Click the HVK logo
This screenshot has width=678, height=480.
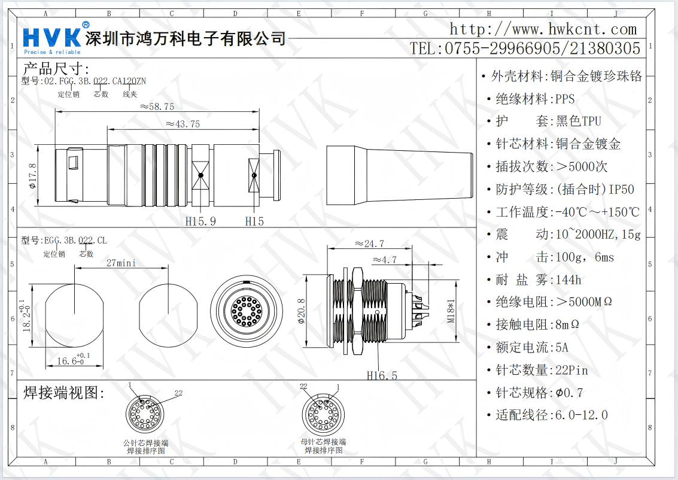point(51,37)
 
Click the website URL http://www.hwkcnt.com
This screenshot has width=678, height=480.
point(543,29)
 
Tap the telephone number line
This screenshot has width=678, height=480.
point(525,48)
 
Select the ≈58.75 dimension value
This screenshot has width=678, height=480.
point(157,106)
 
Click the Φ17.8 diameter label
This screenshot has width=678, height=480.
point(33,175)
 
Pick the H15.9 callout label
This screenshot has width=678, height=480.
point(200,221)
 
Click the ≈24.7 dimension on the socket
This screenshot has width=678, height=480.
point(369,244)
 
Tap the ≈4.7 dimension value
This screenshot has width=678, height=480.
point(384,260)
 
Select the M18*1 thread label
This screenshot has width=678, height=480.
point(451,311)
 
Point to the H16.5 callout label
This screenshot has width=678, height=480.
point(382,375)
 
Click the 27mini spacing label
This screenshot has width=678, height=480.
point(121,263)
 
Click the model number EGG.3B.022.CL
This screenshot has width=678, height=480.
point(75,241)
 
